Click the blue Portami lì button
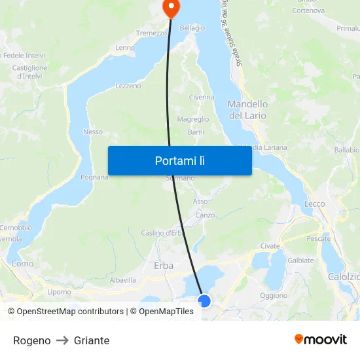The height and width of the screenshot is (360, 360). (179, 160)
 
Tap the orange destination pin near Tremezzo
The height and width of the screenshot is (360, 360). (171, 9)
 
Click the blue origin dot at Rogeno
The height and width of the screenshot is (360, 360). (204, 301)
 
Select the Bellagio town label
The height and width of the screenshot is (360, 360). (192, 28)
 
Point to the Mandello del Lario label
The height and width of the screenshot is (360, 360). (247, 110)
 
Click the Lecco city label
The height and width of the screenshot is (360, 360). (314, 204)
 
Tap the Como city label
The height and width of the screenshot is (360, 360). (22, 264)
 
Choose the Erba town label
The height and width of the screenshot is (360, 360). (163, 265)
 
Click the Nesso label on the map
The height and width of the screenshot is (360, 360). (93, 132)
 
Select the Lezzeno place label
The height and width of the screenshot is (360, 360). (128, 86)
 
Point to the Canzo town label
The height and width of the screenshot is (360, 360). (205, 215)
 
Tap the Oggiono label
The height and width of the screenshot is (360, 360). (274, 295)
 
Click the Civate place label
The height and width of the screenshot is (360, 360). (270, 246)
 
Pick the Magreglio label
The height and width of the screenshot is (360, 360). (193, 119)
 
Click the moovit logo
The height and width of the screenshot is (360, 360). (321, 339)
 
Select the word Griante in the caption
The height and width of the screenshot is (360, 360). (92, 340)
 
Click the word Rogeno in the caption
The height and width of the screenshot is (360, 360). (31, 340)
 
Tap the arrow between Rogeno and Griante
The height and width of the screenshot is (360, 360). (62, 340)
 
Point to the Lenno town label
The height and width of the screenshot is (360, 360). (125, 48)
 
